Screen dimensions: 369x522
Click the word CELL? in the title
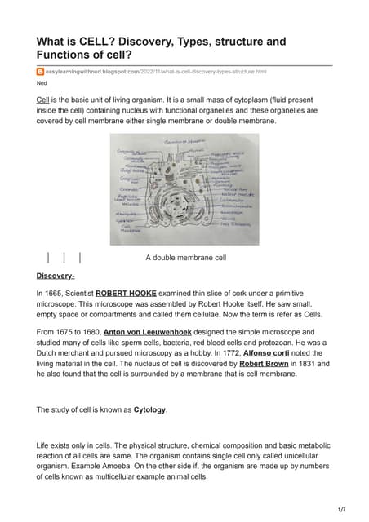[x=95, y=41]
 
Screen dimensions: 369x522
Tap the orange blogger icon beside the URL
[x=40, y=72]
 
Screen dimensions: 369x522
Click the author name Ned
[x=42, y=84]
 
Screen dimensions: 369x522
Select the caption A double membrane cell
[x=184, y=258]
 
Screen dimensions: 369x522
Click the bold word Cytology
[x=149, y=409]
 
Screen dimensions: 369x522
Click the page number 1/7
[x=341, y=508]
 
